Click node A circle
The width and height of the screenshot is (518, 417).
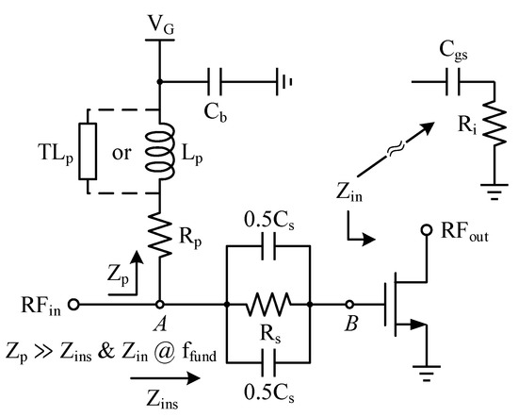(x=160, y=305)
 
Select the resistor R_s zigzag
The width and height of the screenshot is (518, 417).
(x=268, y=305)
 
